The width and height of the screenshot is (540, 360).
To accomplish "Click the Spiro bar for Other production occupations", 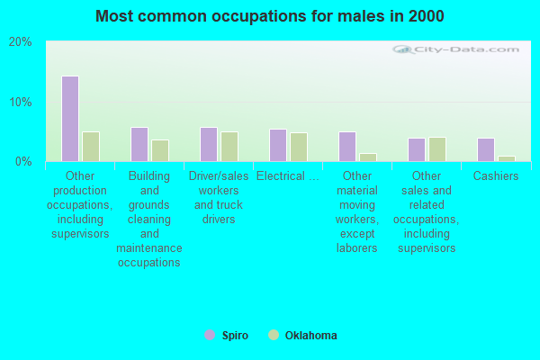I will pos(69,119).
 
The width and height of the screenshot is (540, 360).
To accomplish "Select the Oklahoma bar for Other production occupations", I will pos(90,147).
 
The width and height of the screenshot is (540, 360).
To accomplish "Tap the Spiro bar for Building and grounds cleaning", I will pos(139,144).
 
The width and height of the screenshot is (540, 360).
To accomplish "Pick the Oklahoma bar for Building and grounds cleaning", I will pos(159,150).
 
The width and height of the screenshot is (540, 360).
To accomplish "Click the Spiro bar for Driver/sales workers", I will pos(208,144).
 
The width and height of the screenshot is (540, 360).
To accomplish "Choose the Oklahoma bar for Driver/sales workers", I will pos(229,147).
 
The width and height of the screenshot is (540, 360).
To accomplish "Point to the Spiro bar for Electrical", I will pos(277,145).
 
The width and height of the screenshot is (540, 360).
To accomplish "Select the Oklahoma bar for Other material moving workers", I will pos(367,157).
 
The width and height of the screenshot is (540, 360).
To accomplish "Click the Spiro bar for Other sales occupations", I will pos(416,149).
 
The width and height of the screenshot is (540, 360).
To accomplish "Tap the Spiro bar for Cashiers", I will pos(485,149).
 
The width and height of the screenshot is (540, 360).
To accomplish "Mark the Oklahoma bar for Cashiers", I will pos(506,158).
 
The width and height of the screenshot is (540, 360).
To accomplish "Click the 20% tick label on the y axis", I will pos(21,42).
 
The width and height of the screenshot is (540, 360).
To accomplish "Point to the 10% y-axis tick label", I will pos(21,102).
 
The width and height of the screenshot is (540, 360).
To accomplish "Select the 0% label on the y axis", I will pos(23,161).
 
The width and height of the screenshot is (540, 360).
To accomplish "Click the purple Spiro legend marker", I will pos(210,335).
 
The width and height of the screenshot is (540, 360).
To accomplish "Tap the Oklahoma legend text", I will pos(310,336).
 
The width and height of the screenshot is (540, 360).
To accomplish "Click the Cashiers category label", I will pos(496,176).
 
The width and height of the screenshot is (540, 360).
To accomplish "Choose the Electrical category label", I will pos(287,176).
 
